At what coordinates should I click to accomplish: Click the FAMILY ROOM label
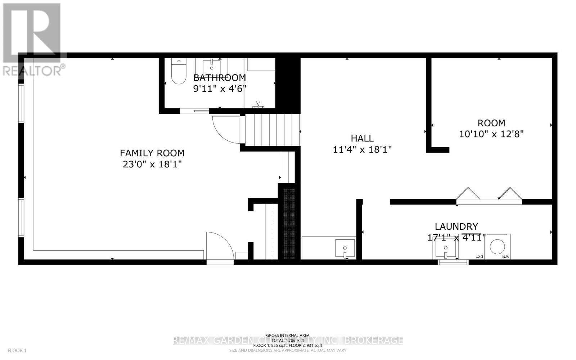[152, 153]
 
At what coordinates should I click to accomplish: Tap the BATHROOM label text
[220, 77]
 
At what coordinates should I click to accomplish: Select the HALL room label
[362, 138]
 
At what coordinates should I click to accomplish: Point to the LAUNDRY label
[456, 226]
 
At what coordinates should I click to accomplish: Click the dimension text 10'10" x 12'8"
[491, 134]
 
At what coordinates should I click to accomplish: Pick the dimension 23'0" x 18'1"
[152, 164]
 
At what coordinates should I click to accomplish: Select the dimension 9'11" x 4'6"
[220, 88]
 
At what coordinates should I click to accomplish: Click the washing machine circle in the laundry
[498, 246]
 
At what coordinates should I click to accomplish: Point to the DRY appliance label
[479, 256]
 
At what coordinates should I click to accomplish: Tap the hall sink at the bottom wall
[345, 248]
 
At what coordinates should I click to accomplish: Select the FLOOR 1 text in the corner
[17, 350]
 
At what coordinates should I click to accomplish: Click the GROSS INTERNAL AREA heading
[288, 335]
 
